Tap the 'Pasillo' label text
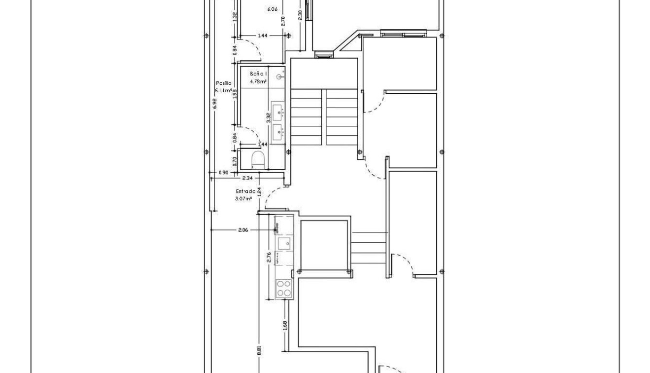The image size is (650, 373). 223,83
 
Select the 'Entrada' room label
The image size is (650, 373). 245,191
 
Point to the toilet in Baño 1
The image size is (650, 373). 258,159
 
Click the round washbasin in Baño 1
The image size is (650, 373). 280,77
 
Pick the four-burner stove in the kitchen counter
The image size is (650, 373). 283,288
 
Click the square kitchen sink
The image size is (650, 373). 283,243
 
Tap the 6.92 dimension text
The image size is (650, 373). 214,103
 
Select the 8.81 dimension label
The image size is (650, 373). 259,350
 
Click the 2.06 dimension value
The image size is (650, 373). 243,230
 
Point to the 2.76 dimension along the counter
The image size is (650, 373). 269,258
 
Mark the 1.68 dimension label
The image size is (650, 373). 285,326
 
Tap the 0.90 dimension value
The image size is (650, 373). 223,173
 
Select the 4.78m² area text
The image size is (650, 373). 258,81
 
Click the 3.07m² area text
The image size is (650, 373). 243,199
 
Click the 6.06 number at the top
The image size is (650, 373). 272,9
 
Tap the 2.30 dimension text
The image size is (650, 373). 300,15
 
